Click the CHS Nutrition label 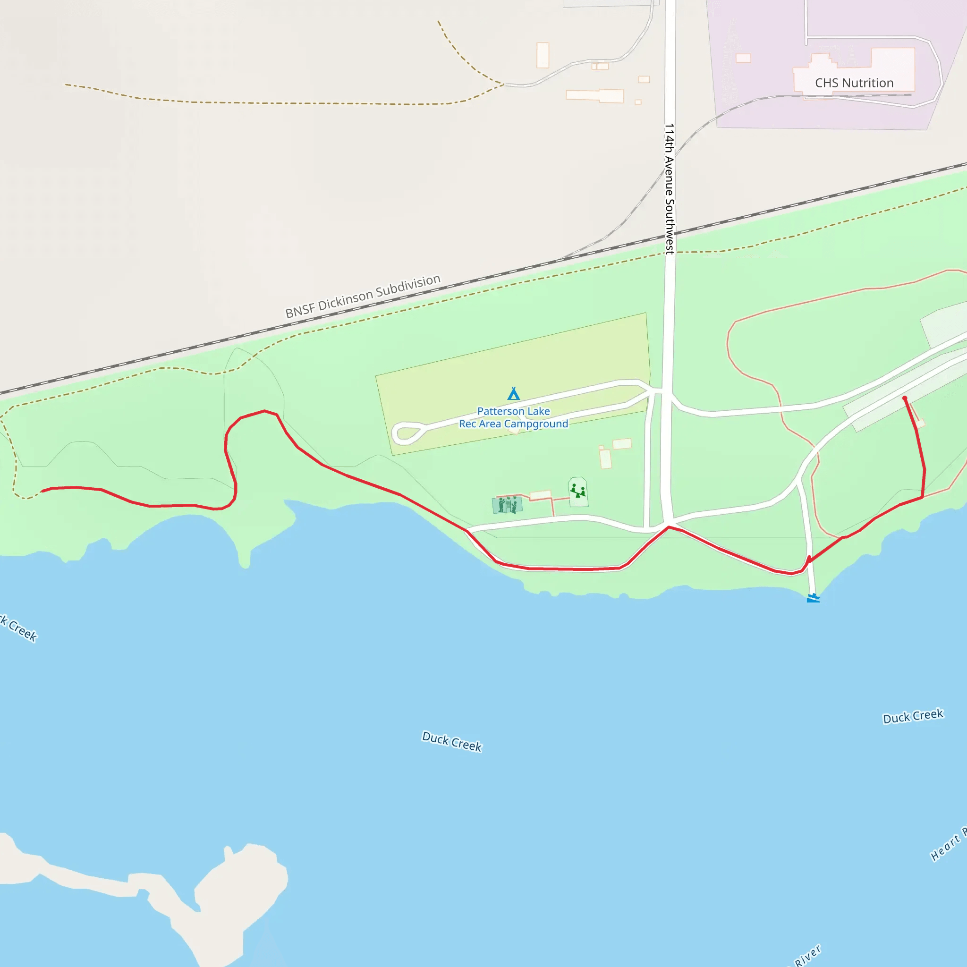(854, 83)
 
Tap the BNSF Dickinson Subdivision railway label (363, 297)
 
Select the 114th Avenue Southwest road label (669, 189)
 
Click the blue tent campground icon (514, 394)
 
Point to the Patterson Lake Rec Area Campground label (514, 417)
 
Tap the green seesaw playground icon (578, 491)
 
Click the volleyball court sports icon (508, 505)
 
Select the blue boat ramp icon (814, 598)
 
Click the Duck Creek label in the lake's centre (452, 741)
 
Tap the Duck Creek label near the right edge (913, 716)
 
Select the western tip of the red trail (42, 491)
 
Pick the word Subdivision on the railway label (408, 287)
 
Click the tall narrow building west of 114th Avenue (543, 55)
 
